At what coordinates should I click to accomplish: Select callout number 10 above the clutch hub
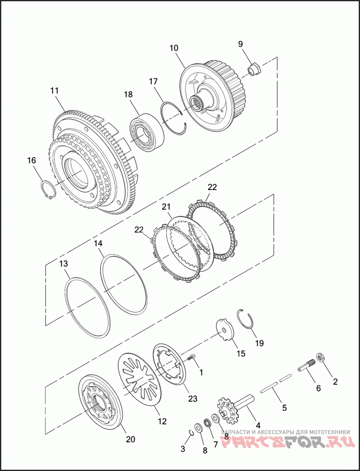coord(174,48)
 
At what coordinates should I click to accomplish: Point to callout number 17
coord(153,82)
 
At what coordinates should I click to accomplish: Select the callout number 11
coord(54,91)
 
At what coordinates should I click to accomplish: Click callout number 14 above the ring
coord(98,244)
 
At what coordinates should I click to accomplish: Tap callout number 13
coord(64,263)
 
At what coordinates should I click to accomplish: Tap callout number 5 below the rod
coord(284,408)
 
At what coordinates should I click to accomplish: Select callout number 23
coord(193,399)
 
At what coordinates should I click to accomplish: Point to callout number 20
coord(130,439)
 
